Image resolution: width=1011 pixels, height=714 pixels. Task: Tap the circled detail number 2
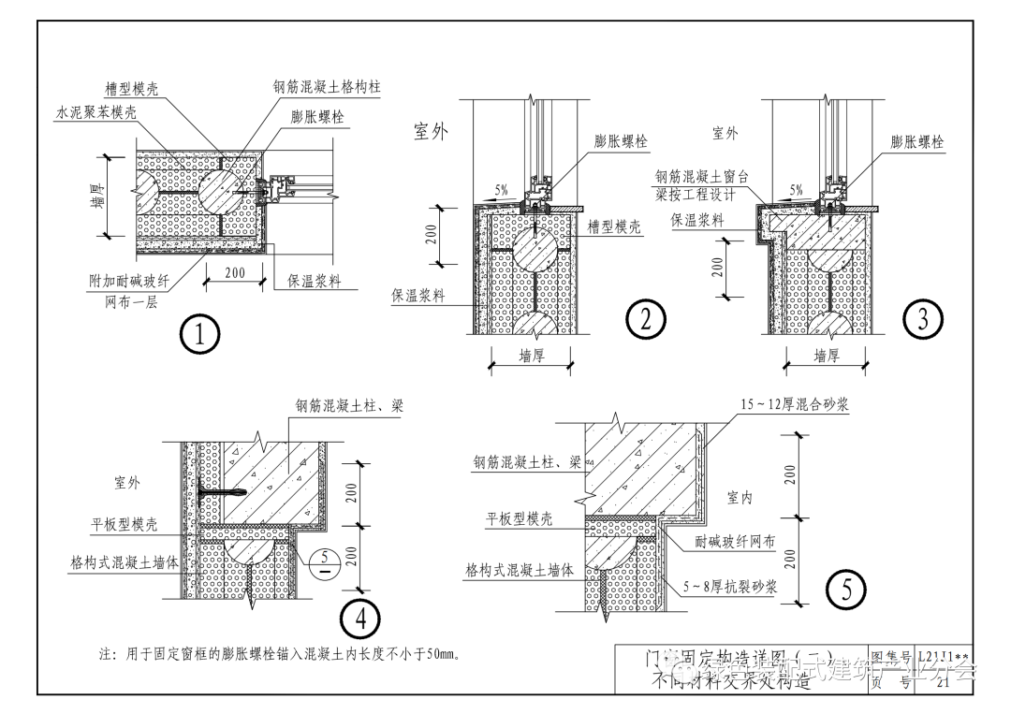(x=645, y=320)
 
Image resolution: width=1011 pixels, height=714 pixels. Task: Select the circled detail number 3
(x=922, y=320)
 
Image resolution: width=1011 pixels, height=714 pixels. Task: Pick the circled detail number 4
(x=359, y=618)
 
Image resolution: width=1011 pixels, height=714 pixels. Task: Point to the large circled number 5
(x=846, y=590)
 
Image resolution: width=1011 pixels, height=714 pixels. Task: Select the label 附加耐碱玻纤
(x=130, y=281)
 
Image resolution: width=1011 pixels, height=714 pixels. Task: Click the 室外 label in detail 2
(x=432, y=132)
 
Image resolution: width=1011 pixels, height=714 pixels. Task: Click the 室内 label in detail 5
(x=740, y=498)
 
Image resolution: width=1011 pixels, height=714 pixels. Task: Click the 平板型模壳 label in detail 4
(x=125, y=524)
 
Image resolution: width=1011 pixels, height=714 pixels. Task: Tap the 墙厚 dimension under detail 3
(x=827, y=356)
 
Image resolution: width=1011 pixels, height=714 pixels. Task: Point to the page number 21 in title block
(x=943, y=682)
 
